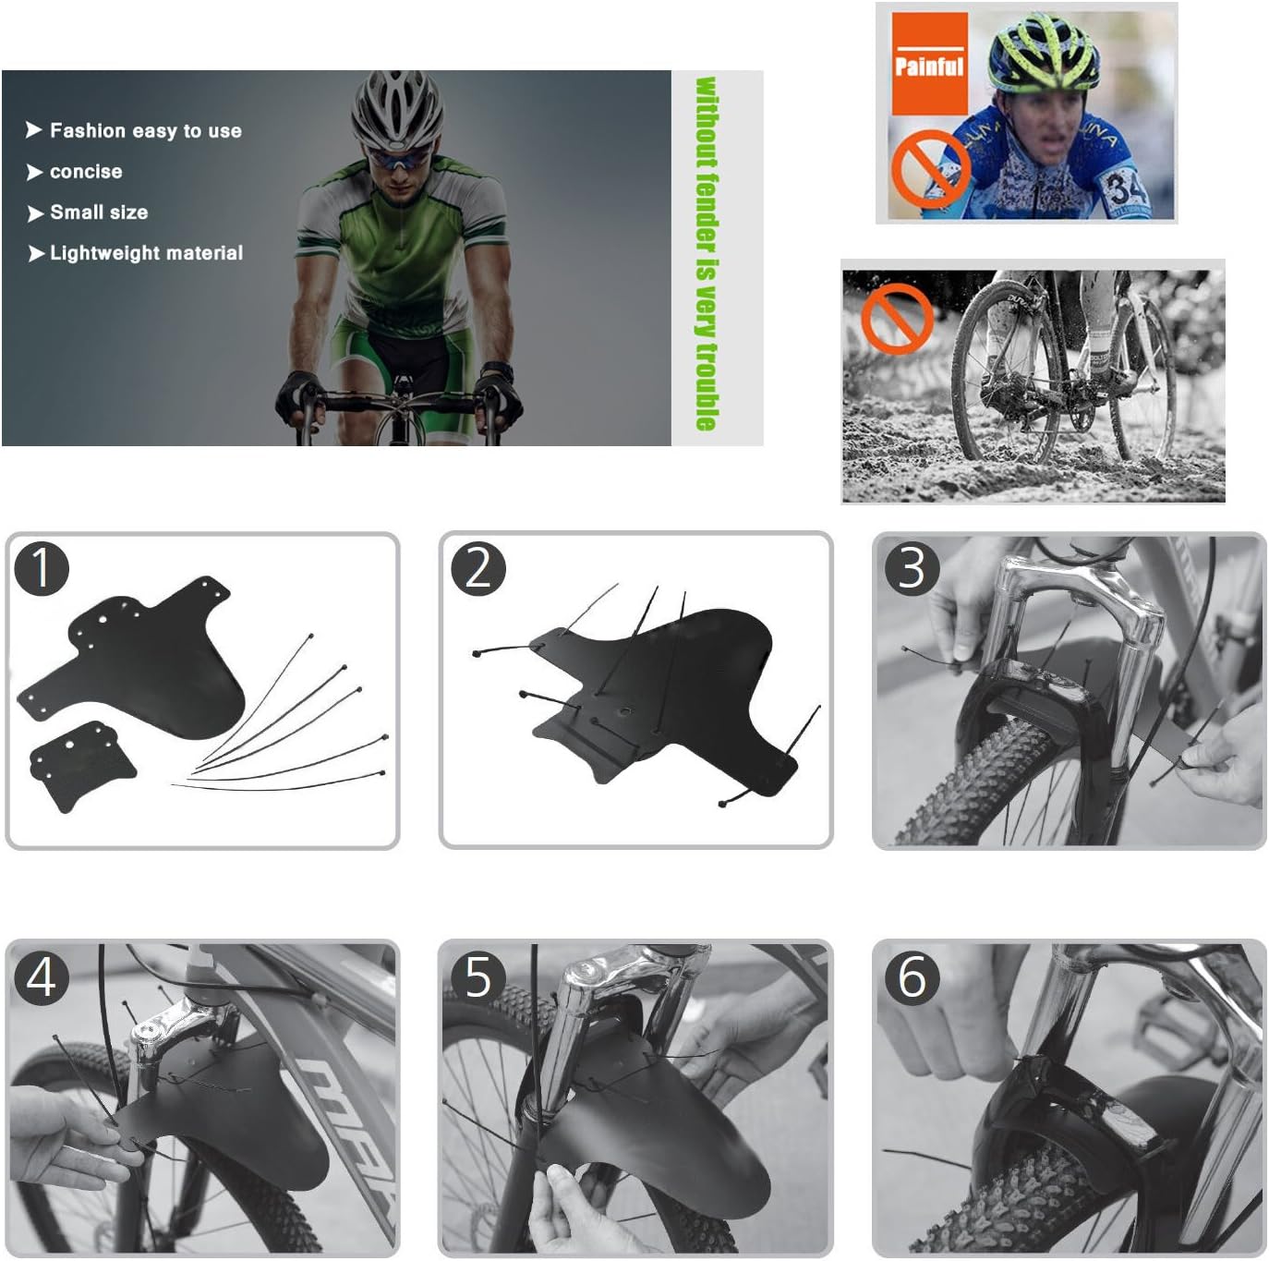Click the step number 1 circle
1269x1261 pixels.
tap(42, 569)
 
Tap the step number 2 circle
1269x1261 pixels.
tap(478, 569)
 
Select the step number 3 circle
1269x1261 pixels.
tap(912, 569)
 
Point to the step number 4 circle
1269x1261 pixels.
tap(42, 977)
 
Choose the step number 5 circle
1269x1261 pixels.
tap(478, 977)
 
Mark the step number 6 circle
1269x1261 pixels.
tap(912, 977)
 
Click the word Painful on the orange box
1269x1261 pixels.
tap(929, 67)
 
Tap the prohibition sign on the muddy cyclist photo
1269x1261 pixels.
tap(931, 169)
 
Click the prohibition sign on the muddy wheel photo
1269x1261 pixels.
tap(897, 320)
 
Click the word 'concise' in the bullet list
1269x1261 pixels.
tap(86, 172)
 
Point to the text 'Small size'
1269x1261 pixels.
tap(99, 212)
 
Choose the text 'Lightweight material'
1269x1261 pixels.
tap(146, 253)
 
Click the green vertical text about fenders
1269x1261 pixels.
tap(707, 254)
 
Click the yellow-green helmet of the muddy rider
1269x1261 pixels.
tap(1044, 52)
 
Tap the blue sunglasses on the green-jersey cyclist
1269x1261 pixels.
tap(399, 159)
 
